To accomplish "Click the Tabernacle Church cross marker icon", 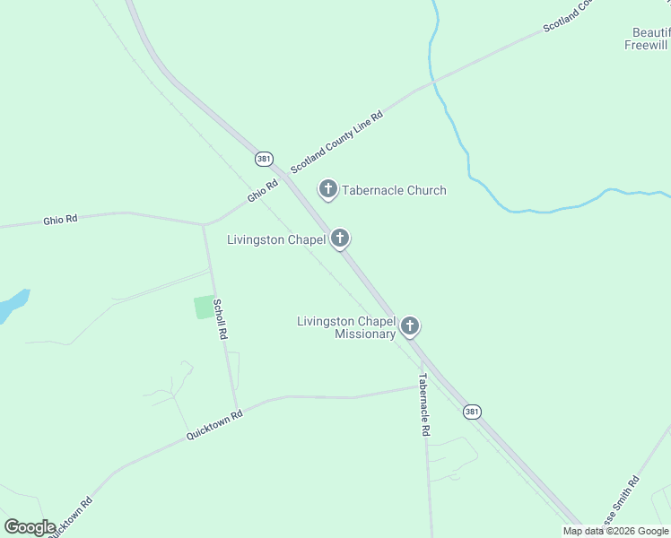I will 328,189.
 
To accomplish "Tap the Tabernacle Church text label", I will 394,190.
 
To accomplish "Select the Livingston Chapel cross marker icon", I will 340,239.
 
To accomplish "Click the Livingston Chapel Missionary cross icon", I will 410,325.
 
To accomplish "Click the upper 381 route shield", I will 263,159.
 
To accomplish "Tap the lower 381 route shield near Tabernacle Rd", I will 473,412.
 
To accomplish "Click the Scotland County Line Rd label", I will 336,143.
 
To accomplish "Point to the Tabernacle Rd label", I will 424,405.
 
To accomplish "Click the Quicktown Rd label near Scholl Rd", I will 214,425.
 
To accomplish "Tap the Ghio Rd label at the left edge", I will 61,219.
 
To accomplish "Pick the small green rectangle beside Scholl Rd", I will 205,307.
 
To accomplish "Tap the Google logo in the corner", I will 30,526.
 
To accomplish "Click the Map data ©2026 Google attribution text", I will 615,531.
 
